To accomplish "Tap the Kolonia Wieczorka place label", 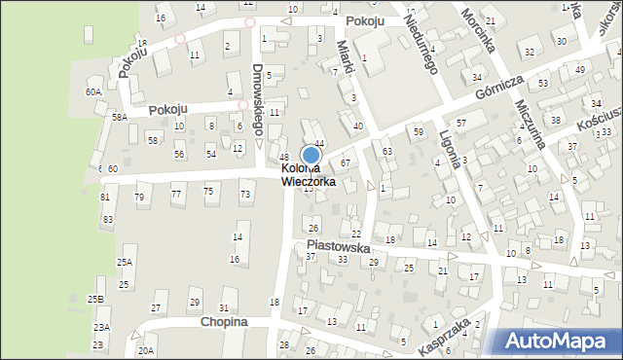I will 309,174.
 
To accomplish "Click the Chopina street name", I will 224,321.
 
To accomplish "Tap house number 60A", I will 93,91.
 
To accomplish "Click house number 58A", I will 119,117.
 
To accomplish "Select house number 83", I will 107,220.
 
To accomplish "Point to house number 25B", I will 95,299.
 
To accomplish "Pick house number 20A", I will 146,350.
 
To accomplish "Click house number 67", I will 346,162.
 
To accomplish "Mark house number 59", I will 419,130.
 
